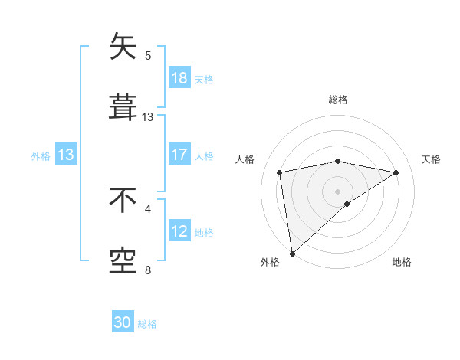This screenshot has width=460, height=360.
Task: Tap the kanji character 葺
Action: point(123,106)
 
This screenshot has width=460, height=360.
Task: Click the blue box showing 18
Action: point(179,78)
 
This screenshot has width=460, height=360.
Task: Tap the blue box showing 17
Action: point(179,155)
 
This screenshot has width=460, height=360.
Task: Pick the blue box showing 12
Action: point(179,231)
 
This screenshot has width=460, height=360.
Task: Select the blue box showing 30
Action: point(123,323)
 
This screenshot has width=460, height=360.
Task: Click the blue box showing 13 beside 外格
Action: point(66,155)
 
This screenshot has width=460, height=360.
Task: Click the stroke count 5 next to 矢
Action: point(148,55)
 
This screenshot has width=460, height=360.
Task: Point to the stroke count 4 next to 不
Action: point(148,208)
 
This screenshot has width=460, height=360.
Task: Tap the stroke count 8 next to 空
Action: point(148,270)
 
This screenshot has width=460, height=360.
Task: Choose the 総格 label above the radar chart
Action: point(338,100)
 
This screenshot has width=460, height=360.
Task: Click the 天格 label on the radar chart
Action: point(432,159)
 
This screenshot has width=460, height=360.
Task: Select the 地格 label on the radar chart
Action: point(402,262)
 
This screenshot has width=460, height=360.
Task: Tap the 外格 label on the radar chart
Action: point(269,262)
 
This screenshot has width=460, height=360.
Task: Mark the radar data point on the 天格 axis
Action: point(396,172)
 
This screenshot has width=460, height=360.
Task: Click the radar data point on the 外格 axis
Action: point(292,253)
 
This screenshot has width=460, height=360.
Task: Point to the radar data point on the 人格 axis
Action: point(280,172)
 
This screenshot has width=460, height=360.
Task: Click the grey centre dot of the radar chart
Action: point(338,191)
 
